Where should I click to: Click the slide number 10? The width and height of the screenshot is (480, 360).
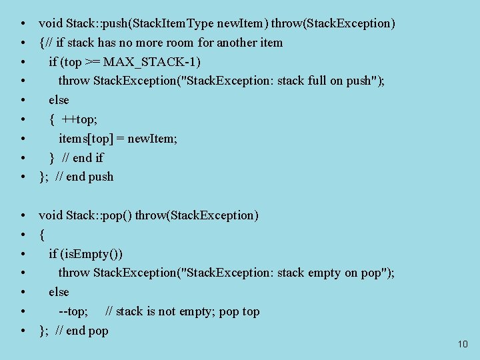(463, 344)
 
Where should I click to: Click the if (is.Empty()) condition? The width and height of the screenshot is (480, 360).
(85, 254)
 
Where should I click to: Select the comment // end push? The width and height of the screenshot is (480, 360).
(85, 177)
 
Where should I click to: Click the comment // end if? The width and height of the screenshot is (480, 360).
(83, 158)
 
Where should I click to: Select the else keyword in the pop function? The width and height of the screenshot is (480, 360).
(59, 292)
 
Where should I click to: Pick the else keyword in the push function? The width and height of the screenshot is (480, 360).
(59, 100)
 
